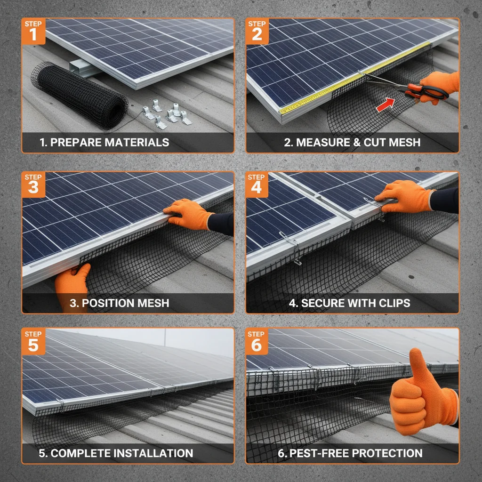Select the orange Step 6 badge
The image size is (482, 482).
click(257, 340)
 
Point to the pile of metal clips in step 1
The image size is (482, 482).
click(167, 114)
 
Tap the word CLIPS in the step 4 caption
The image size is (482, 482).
click(394, 303)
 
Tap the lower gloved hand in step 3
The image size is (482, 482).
click(72, 285)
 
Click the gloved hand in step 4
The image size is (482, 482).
click(405, 195)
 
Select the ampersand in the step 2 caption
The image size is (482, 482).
click(357, 142)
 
